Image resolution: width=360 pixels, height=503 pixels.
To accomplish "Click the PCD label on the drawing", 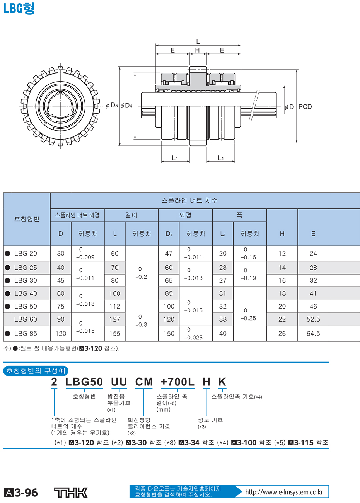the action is click(x=305, y=107).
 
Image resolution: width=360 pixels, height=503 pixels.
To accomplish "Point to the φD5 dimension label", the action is click(x=112, y=105).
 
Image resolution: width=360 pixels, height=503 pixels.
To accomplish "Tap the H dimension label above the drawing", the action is click(x=197, y=50).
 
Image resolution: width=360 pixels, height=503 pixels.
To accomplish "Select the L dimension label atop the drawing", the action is click(x=198, y=41).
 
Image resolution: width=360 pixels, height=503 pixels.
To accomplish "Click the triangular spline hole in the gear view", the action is click(x=60, y=106).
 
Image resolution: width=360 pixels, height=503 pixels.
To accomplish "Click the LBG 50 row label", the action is click(x=26, y=306).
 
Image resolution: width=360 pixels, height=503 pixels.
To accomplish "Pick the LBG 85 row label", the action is click(x=26, y=333).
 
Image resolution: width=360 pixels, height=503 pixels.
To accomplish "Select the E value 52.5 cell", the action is click(x=313, y=319).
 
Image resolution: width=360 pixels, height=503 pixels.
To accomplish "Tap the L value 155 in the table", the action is click(x=115, y=333).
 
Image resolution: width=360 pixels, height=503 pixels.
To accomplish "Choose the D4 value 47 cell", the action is click(x=169, y=254).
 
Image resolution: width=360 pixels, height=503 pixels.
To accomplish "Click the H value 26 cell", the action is click(x=282, y=333).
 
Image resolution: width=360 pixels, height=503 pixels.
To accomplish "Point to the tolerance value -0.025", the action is click(x=193, y=338).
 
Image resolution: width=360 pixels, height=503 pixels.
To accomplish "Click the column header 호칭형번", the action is click(x=27, y=219).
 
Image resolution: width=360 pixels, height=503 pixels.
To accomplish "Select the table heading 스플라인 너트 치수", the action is click(x=189, y=200).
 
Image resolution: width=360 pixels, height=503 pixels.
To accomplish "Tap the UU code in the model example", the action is click(x=119, y=382).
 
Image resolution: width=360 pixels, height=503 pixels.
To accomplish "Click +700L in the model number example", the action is click(x=177, y=382).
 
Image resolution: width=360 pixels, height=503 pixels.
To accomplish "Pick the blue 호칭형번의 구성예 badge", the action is click(x=36, y=371).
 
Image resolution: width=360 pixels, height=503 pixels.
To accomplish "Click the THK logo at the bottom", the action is click(x=71, y=493).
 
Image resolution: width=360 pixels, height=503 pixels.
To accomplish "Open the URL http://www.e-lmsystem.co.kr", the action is click(x=284, y=492).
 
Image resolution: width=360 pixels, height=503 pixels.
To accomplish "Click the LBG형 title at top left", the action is click(x=19, y=8).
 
